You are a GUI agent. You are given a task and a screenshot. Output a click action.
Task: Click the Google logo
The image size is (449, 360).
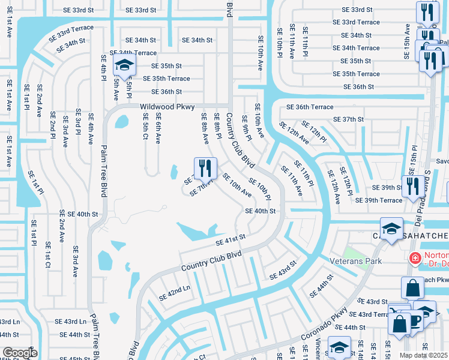point(19,352)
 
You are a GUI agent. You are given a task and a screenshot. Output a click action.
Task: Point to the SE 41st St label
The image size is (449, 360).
point(231,240)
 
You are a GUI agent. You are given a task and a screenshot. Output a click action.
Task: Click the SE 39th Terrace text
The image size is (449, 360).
point(379,200)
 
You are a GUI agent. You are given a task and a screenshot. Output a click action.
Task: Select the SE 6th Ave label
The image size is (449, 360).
point(158,130)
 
